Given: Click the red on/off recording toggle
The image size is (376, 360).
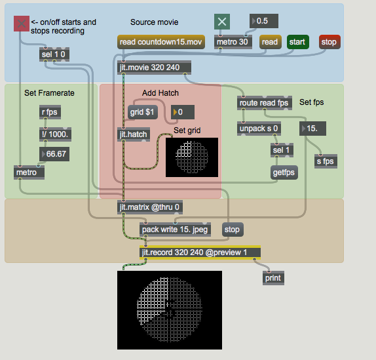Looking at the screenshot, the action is [x=22, y=24].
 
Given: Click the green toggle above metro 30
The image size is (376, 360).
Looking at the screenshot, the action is [x=222, y=22].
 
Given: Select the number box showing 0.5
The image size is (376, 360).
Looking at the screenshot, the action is [x=264, y=21].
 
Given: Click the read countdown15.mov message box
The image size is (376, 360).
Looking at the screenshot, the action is [x=161, y=42].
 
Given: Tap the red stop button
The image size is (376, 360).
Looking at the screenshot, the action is [x=329, y=42].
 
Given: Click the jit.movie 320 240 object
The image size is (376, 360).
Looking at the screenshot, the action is [x=154, y=68].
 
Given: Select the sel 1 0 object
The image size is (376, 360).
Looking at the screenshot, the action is [x=54, y=54].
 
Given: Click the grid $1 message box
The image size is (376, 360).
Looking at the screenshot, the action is [x=143, y=112].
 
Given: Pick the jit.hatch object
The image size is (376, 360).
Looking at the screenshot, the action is [x=134, y=134].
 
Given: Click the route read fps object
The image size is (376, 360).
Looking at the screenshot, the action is [x=265, y=103].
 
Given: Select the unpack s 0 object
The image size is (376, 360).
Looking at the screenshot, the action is [x=259, y=129].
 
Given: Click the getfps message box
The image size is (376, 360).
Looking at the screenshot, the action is [x=284, y=172].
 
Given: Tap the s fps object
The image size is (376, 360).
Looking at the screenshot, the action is [x=326, y=161].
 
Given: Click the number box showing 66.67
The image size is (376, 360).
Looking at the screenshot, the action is [x=54, y=154].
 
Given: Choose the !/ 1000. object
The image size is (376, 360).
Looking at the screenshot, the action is [x=55, y=134].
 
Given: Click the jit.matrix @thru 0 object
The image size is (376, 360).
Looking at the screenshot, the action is [x=150, y=207].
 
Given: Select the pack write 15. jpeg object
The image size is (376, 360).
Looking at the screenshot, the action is [x=176, y=230].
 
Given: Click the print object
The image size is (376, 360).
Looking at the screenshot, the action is [x=273, y=278].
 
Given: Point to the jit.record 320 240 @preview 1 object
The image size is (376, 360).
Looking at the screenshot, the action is [x=200, y=252].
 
